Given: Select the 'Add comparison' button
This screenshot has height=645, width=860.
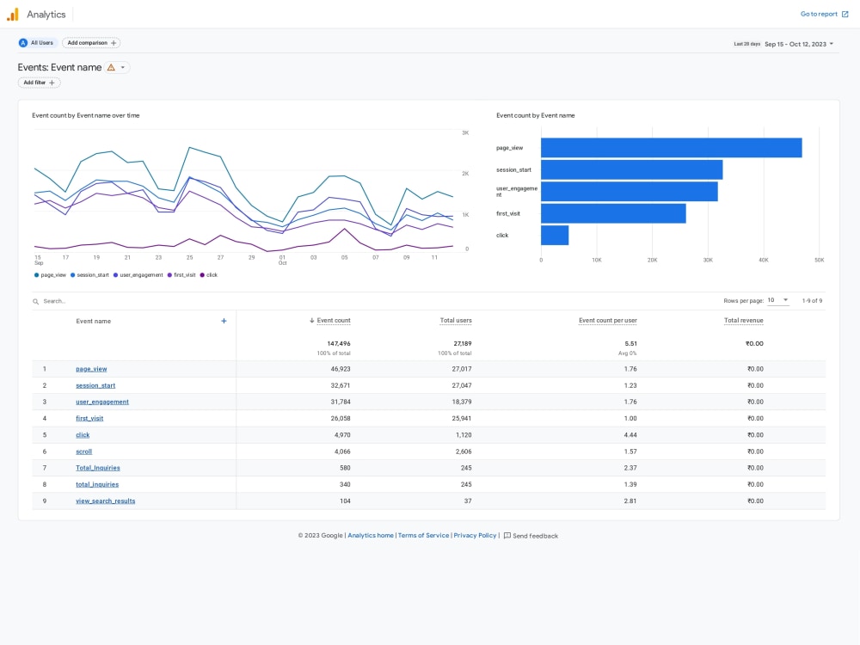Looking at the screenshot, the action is click(92, 43).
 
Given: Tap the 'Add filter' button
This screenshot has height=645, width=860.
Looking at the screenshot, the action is click(39, 83).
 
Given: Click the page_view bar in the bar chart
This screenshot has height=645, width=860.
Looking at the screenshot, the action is click(672, 148).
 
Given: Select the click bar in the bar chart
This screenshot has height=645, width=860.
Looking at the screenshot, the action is click(555, 236).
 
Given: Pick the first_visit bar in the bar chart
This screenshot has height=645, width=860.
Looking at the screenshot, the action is click(613, 213).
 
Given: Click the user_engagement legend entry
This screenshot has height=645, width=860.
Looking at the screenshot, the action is click(138, 275).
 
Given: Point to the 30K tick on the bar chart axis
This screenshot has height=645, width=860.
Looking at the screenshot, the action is click(708, 260).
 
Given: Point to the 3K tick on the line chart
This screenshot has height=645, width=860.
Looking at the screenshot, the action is click(465, 132).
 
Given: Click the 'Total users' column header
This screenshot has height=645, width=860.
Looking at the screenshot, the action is click(456, 320).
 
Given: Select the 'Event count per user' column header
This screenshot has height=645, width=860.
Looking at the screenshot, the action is click(608, 320).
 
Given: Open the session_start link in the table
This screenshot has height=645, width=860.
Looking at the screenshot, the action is click(95, 385).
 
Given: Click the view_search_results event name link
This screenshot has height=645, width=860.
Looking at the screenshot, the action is click(105, 501).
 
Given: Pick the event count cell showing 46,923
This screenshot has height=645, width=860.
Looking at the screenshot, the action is click(340, 369).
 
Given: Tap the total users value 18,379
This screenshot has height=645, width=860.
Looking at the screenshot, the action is click(461, 402).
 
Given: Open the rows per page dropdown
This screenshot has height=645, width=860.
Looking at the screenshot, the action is click(777, 300).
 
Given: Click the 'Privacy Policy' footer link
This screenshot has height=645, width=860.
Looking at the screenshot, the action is click(475, 535).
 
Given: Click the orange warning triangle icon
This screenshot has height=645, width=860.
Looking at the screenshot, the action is click(111, 67).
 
